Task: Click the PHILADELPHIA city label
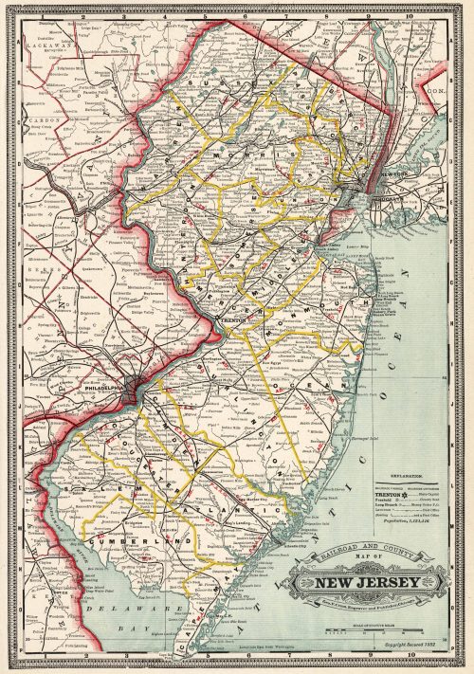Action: point(106,387)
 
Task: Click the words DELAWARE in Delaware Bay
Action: point(113,601)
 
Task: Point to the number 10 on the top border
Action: point(409,15)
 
